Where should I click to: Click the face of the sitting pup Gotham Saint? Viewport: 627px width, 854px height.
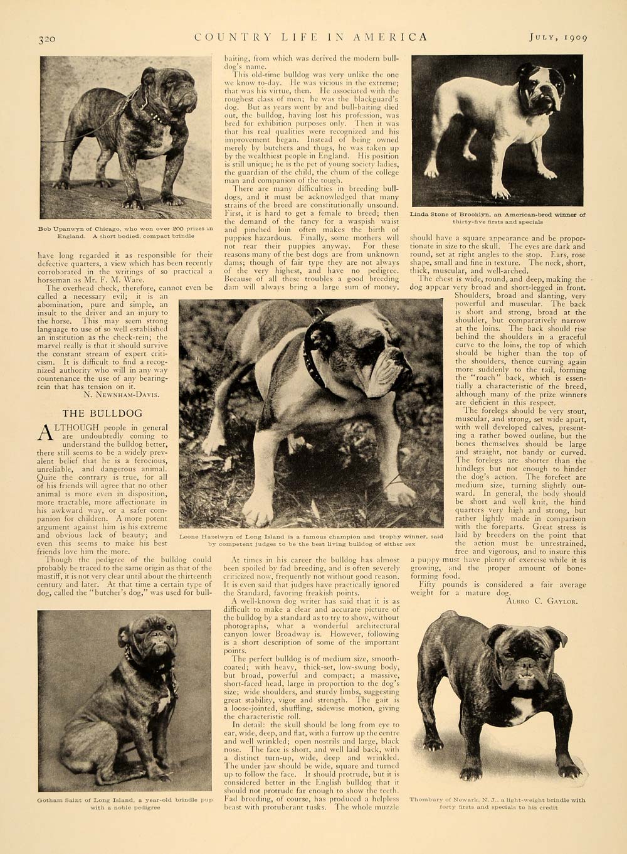click(x=151, y=641)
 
